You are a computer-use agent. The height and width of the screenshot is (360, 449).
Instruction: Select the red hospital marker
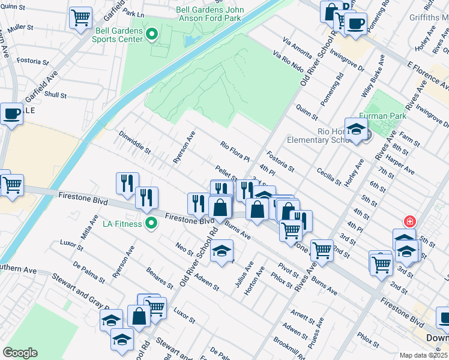point(410,221)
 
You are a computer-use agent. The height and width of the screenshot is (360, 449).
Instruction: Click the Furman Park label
point(382,116)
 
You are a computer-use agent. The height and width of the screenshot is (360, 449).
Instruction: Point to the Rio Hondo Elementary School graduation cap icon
point(356,129)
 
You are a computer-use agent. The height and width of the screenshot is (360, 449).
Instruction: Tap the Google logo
point(20,352)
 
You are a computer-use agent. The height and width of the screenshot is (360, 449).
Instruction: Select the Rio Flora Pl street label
point(235,152)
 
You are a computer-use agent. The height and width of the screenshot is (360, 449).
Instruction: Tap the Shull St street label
point(55,95)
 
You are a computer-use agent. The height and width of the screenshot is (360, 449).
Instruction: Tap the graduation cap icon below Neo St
point(221,250)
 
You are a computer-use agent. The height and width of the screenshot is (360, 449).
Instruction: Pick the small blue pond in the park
point(190,40)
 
